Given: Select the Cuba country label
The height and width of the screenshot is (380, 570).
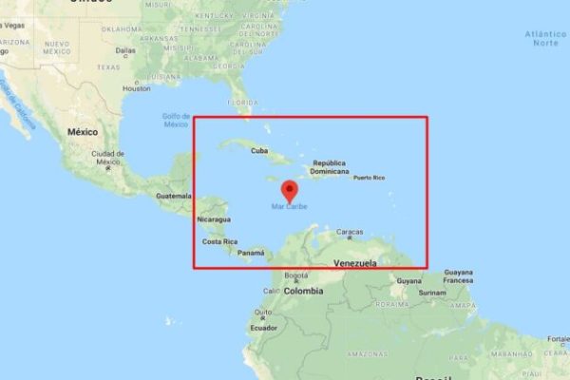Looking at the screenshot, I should (x=258, y=151).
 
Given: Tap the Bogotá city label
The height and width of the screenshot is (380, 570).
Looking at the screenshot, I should (x=296, y=275).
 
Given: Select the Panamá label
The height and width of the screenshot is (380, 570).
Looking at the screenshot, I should (x=251, y=253).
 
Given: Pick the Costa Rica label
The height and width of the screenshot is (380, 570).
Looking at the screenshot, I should (x=218, y=242).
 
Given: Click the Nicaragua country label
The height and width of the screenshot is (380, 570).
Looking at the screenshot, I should (x=213, y=219).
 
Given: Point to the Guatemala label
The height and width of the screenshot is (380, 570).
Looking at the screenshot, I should (x=174, y=196).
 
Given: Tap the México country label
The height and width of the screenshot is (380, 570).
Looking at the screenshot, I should (x=83, y=131).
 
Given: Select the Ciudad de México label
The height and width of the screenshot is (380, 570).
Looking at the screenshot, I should (x=107, y=157).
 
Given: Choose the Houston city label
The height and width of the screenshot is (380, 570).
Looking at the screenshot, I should (x=139, y=88).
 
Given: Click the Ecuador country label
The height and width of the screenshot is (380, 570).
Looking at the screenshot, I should (x=263, y=328).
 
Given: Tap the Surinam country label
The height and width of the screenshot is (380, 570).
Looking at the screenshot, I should (x=432, y=293).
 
